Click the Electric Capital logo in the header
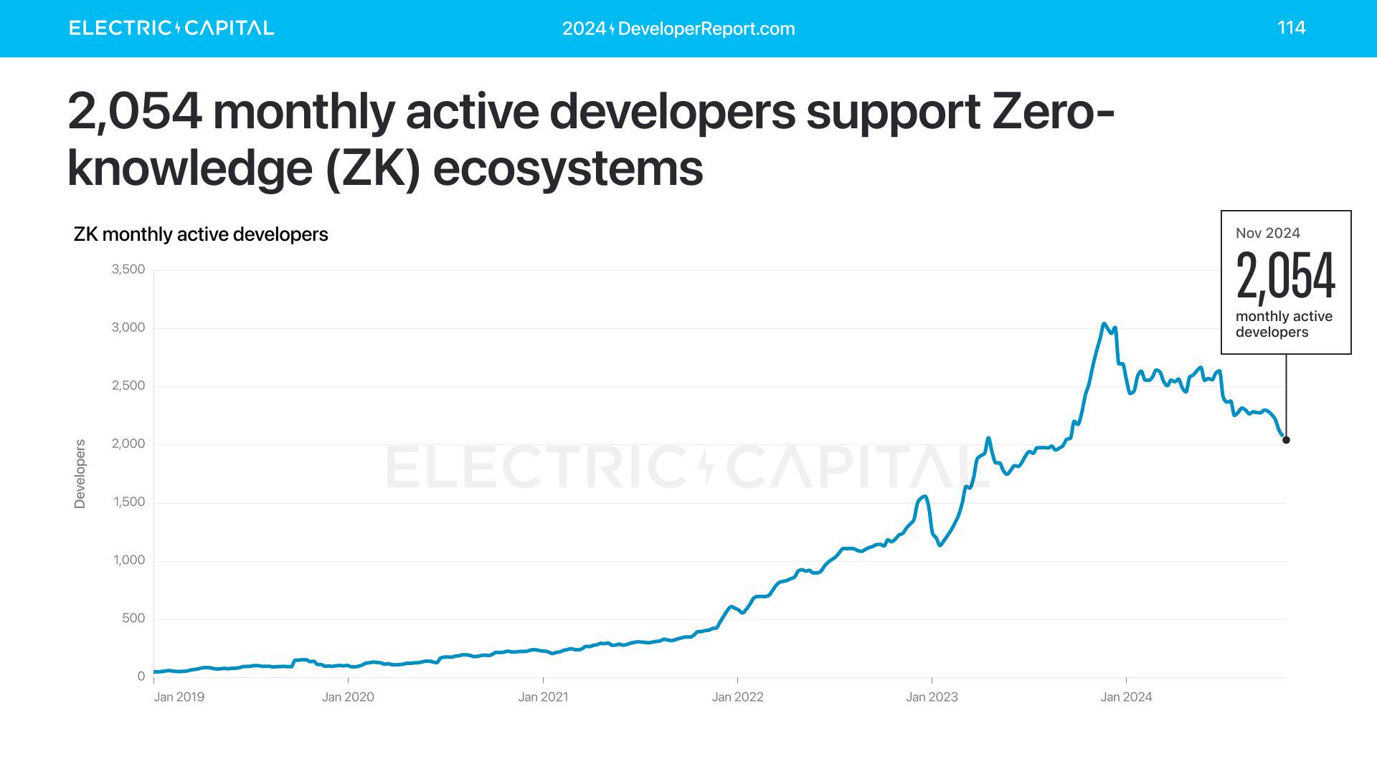[171, 28]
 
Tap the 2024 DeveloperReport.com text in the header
[678, 29]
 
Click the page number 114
[1291, 27]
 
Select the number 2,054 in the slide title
[135, 113]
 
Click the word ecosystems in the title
[567, 169]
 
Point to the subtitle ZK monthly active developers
[201, 234]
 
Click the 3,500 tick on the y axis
[128, 269]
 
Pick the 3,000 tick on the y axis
[128, 328]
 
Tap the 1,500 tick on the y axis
[129, 502]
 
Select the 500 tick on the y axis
[133, 618]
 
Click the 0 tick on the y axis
[141, 676]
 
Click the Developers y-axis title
[80, 474]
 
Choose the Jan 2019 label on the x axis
[179, 697]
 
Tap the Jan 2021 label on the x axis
[543, 697]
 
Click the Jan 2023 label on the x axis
[932, 697]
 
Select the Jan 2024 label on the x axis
[1126, 697]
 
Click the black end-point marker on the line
[1286, 440]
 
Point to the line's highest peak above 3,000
[1104, 324]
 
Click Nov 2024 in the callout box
[1267, 233]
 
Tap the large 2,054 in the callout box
[1285, 276]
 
